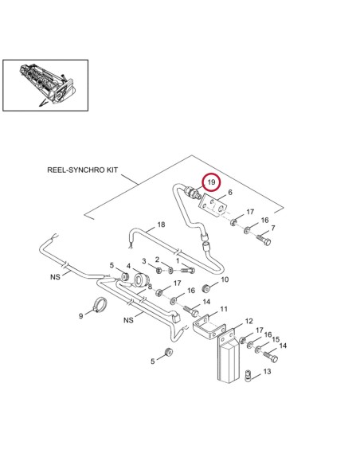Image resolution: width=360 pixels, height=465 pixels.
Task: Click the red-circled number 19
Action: [x=210, y=182]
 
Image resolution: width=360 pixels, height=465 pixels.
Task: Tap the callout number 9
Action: [x=80, y=316]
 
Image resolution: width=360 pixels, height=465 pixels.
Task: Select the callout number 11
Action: [x=224, y=309]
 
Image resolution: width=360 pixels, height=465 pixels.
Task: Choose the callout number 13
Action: [x=267, y=371]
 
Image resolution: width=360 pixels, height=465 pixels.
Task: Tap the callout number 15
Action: [x=276, y=339]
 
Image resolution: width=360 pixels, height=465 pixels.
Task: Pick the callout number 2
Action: [x=158, y=260]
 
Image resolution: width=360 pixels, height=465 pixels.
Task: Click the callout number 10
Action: [x=225, y=280]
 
